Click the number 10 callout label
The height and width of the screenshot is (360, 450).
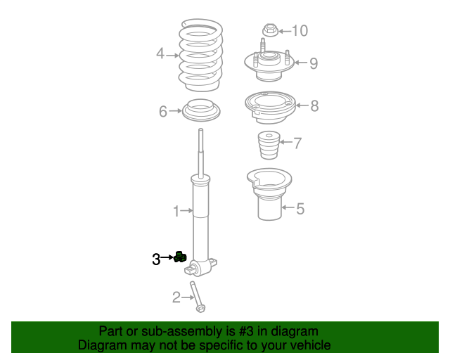(x=299, y=30)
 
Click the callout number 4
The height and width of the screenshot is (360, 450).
(x=160, y=54)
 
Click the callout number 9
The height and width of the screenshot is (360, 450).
(x=313, y=63)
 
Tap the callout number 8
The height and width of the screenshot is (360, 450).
(x=314, y=106)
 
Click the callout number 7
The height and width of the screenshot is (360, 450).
(x=297, y=143)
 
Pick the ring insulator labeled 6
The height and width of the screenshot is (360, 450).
(x=201, y=111)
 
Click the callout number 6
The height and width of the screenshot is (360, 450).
(x=162, y=111)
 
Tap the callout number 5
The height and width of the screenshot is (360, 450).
(x=300, y=209)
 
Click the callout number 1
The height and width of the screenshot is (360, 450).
(x=176, y=210)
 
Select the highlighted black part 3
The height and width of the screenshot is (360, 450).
(x=179, y=257)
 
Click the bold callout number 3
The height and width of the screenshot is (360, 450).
(x=156, y=259)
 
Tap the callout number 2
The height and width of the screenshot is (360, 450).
(x=176, y=297)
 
